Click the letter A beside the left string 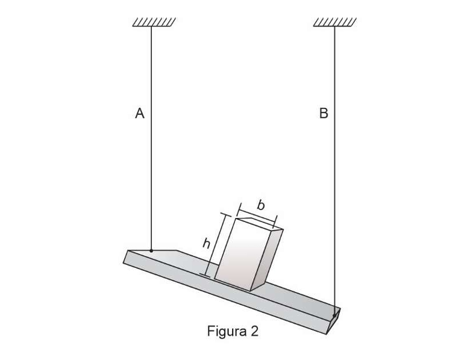tap(140, 113)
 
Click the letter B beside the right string tap(324, 113)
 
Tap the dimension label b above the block tap(261, 205)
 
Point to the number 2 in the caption tap(254, 331)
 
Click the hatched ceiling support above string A tap(154, 22)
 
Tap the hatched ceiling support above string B tap(335, 22)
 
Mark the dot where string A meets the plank tap(151, 251)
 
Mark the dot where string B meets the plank tap(334, 315)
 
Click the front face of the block tap(243, 255)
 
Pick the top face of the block tap(259, 224)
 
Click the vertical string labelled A tap(151, 138)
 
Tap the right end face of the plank tap(333, 321)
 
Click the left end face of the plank tap(126, 257)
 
